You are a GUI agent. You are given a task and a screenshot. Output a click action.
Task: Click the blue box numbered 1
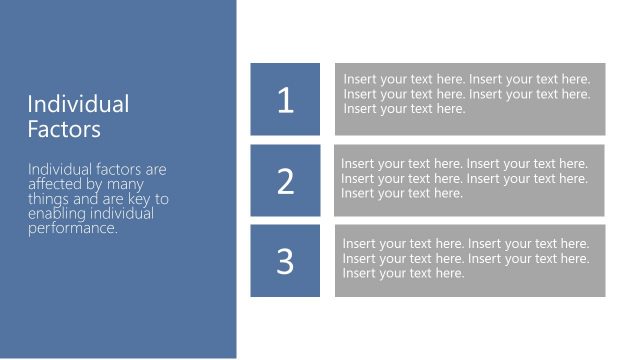click(285, 99)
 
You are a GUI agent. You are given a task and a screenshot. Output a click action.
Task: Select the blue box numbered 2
click(285, 180)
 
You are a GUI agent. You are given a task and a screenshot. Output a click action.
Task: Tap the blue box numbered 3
click(285, 260)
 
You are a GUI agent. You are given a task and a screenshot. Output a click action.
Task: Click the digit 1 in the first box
click(286, 100)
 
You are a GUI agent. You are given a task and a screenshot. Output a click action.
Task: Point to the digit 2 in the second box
click(286, 181)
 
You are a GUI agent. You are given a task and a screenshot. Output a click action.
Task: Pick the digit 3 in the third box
click(286, 261)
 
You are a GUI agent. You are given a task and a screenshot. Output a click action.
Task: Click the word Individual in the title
click(78, 104)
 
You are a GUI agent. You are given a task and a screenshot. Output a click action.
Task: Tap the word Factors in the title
click(64, 129)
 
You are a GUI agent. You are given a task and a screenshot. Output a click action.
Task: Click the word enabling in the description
click(56, 214)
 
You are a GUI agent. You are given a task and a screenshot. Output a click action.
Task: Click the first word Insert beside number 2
click(358, 164)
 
